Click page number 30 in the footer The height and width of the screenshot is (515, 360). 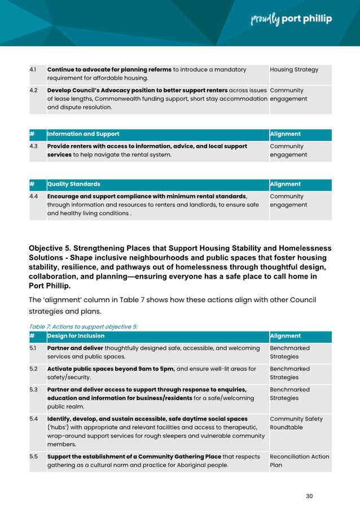[309, 496]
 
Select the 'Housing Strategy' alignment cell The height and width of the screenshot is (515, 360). [294, 69]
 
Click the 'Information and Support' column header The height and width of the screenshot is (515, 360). [84, 134]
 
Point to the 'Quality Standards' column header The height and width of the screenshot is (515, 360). [74, 184]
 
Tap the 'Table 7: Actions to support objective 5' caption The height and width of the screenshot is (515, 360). [84, 326]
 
